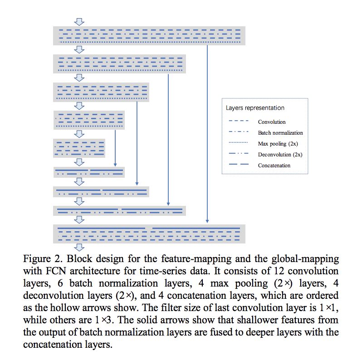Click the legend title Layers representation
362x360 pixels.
coord(255,108)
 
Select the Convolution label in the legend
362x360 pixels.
coord(272,122)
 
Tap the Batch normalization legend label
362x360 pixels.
coord(280,133)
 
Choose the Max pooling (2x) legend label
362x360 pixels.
coord(278,144)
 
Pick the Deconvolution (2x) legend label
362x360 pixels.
coord(280,155)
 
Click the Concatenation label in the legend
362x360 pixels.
coord(274,165)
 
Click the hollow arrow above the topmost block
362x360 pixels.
coord(80,22)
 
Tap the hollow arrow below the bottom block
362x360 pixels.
coord(80,247)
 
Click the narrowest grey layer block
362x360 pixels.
coord(80,148)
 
